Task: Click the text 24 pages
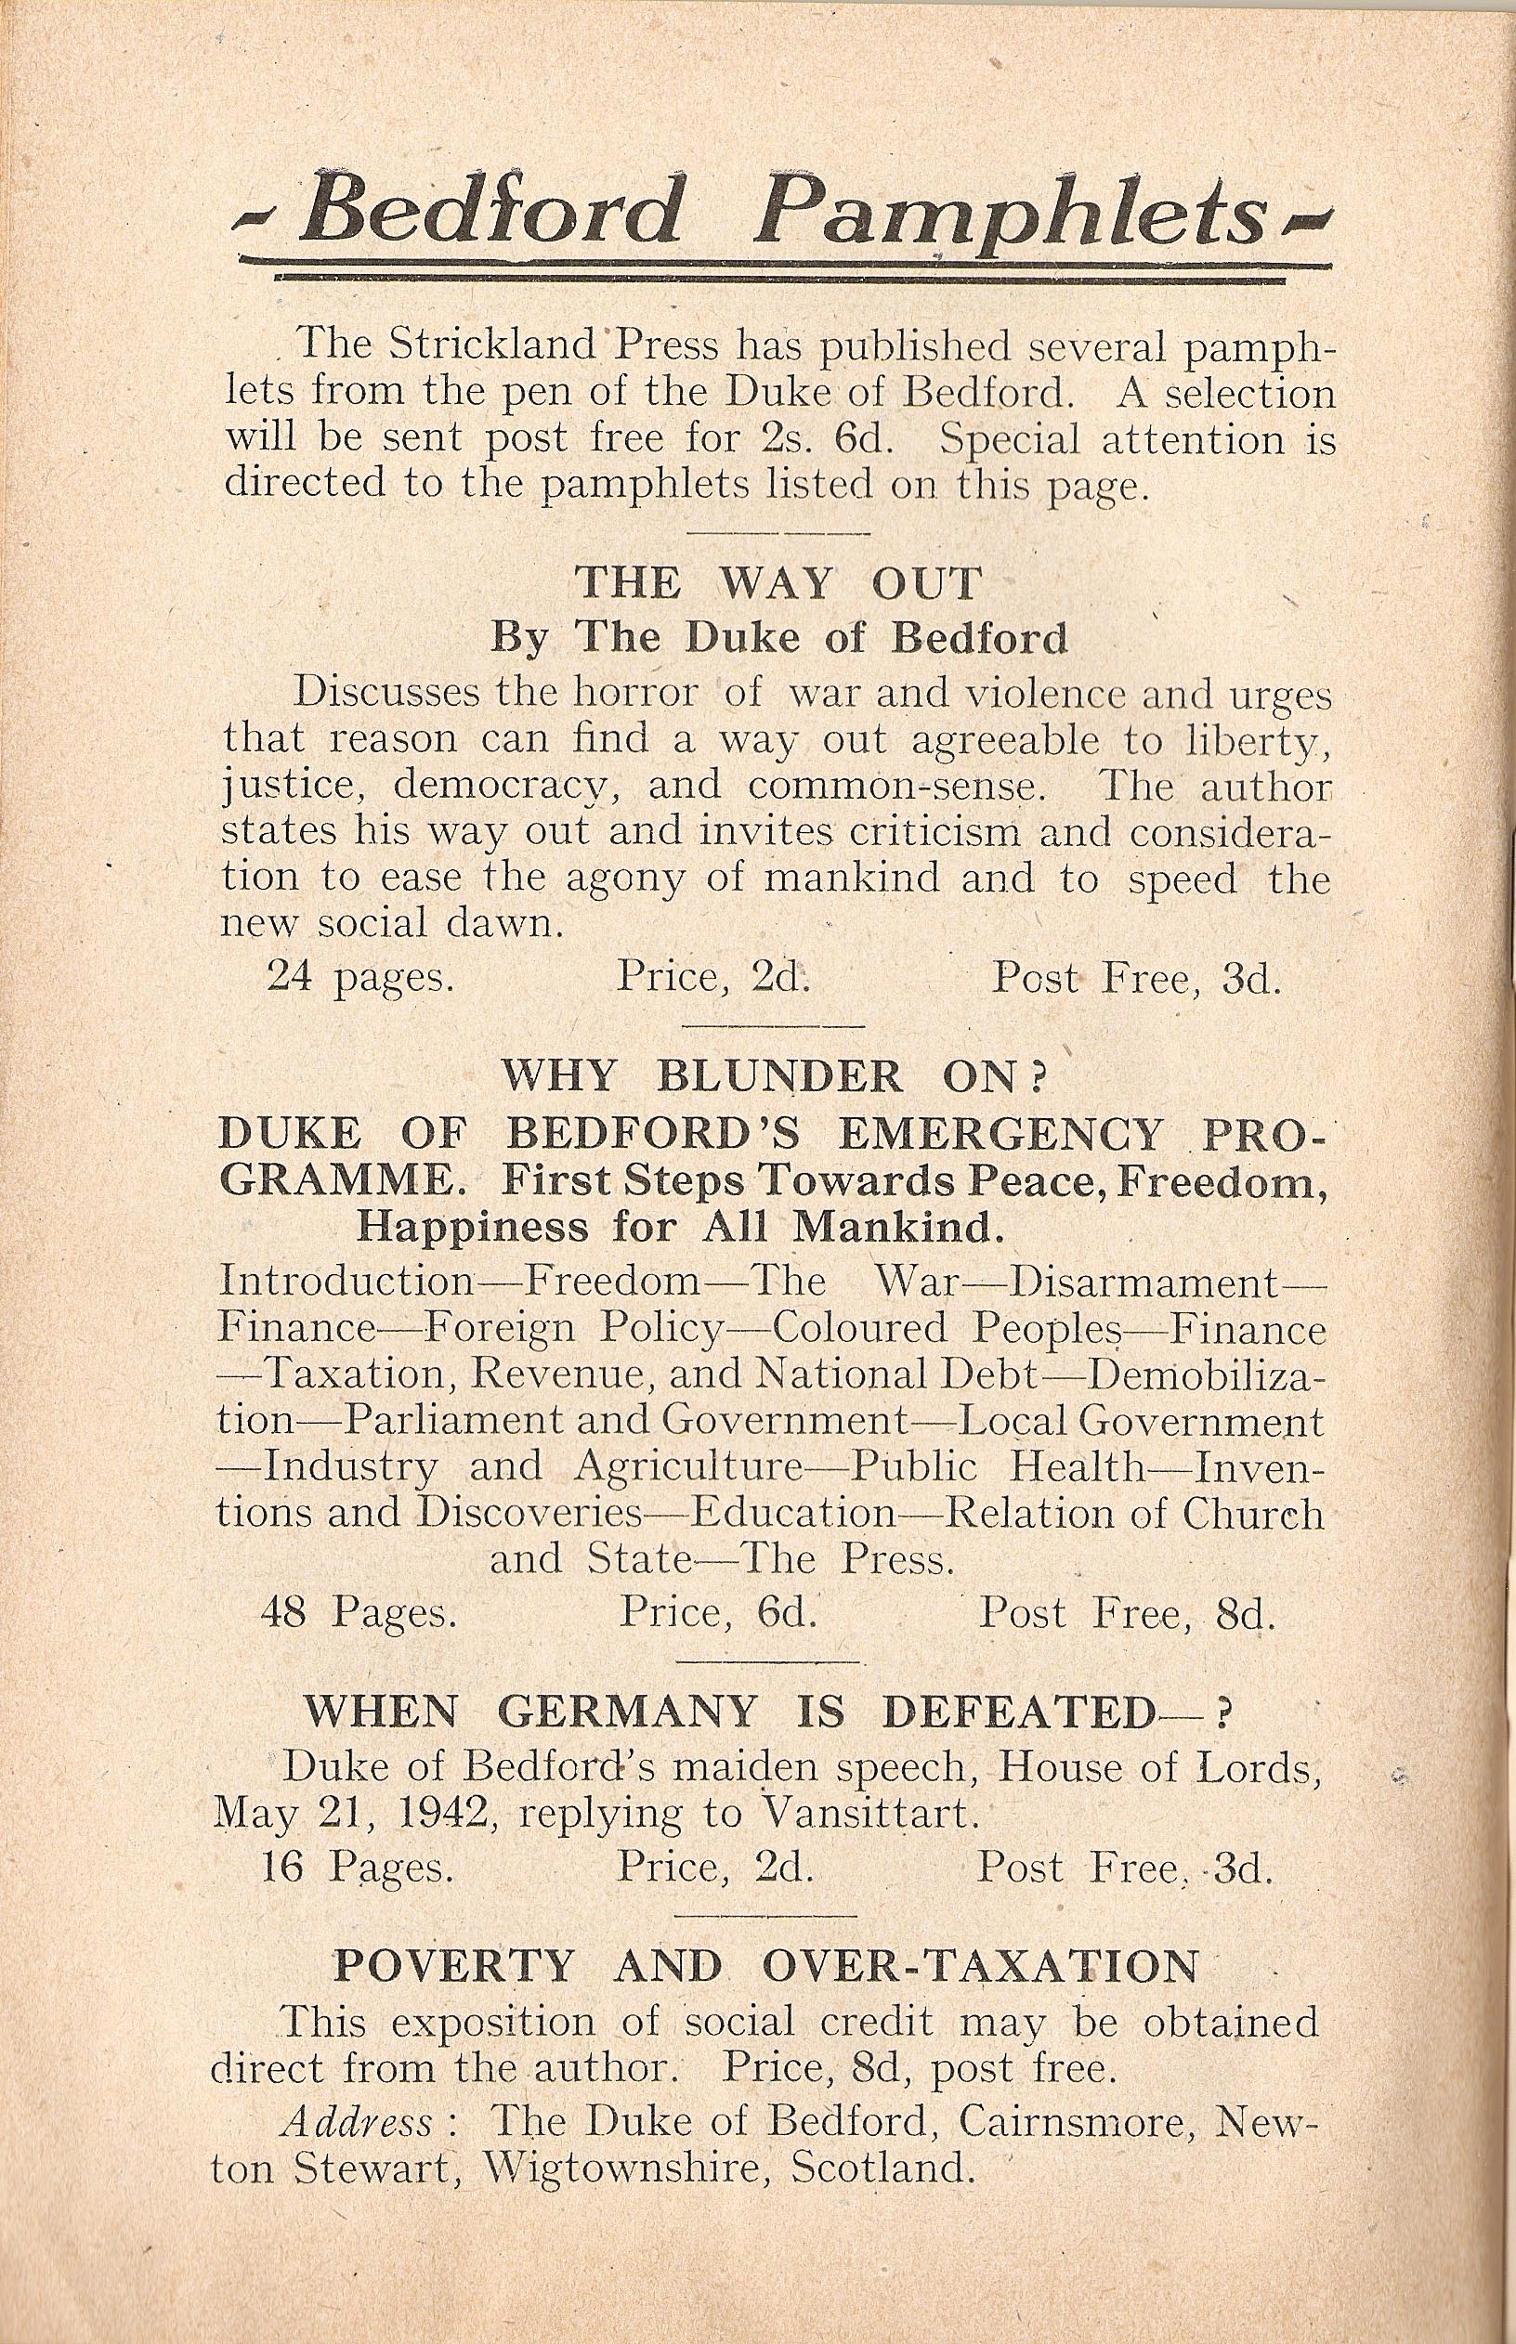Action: [359, 977]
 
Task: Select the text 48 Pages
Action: [358, 1615]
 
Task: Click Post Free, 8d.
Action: [1125, 1615]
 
